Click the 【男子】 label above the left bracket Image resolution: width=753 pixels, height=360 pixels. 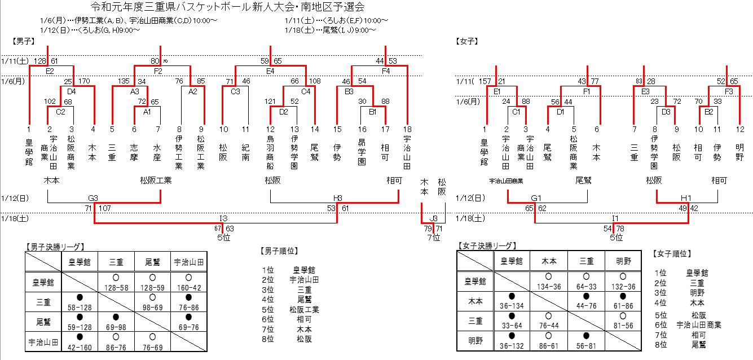(23, 41)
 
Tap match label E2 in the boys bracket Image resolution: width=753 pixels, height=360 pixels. (50, 71)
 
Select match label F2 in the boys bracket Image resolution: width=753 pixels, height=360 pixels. (158, 71)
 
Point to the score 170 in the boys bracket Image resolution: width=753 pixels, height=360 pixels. (84, 81)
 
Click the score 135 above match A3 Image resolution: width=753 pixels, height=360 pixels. (124, 81)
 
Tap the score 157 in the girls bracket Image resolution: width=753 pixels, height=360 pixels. (485, 82)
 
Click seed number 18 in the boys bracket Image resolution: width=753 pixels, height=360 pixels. (407, 129)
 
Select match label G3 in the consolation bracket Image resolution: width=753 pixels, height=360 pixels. (93, 198)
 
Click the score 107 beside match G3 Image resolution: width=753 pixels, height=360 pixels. (105, 209)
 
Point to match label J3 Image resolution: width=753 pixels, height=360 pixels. (433, 218)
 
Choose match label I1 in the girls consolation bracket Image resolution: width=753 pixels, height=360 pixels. (616, 218)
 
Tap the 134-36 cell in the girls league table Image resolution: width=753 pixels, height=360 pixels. (549, 287)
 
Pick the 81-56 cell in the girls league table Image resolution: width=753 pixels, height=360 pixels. (622, 326)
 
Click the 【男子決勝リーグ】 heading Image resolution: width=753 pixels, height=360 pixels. (55, 247)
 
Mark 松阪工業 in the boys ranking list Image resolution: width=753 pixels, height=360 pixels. (304, 309)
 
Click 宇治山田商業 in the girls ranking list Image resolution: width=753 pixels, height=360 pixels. (699, 324)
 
